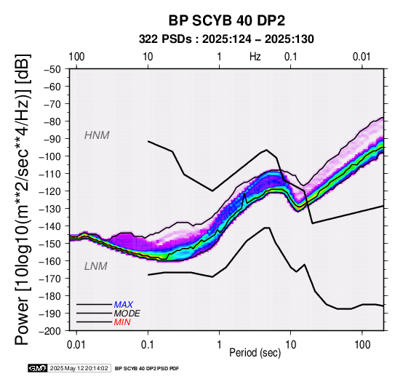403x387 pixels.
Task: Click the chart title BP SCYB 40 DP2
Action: click(227, 20)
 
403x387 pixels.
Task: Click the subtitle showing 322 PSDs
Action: click(226, 39)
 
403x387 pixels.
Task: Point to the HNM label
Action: click(97, 135)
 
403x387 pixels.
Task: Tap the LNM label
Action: click(95, 266)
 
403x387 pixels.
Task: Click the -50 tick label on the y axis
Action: click(52, 69)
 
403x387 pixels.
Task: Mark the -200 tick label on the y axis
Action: click(49, 331)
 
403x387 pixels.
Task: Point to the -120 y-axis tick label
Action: click(49, 191)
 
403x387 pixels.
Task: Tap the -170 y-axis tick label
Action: click(49, 279)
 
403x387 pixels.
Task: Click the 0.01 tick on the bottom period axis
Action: click(76, 345)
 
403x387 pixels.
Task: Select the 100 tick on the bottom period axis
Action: click(362, 345)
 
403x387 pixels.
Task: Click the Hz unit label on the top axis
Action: click(255, 57)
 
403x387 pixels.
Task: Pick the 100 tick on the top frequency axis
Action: click(76, 57)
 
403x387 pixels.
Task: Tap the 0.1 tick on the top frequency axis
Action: click(291, 57)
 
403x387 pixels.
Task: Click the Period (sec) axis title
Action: click(255, 353)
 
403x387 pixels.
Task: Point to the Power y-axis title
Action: click(23, 199)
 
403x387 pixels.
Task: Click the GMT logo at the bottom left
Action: click(38, 369)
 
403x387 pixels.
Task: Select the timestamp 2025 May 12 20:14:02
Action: click(79, 369)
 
